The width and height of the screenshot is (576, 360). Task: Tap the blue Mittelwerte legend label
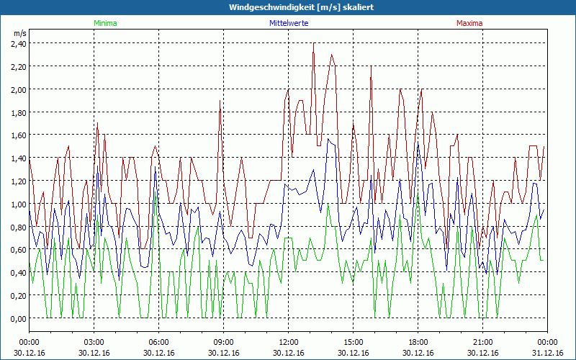point(289,23)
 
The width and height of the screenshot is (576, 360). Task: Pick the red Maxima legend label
point(469,23)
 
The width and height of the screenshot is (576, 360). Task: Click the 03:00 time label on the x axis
point(94,342)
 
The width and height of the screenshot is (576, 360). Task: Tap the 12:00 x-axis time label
point(289,342)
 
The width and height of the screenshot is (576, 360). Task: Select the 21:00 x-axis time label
point(483,342)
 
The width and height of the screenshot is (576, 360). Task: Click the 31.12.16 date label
point(547,353)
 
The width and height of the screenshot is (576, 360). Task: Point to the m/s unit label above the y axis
point(19,33)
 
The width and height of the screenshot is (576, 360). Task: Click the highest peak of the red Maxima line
point(314,44)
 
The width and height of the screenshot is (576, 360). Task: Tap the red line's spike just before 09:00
point(220,101)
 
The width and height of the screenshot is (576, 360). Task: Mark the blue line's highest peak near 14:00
point(328,138)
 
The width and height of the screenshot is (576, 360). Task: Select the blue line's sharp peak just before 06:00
point(155,168)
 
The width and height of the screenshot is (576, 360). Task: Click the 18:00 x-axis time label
point(418,342)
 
